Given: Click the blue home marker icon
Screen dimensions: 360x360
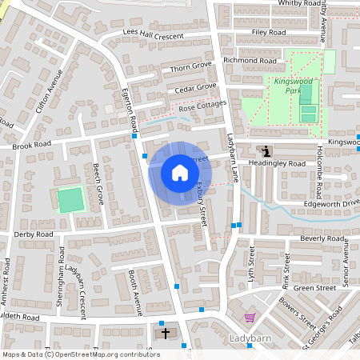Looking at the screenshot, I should tap(179, 173).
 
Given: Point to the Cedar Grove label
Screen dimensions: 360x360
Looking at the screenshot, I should tap(196, 86).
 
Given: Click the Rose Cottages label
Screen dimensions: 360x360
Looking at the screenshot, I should tap(202, 105).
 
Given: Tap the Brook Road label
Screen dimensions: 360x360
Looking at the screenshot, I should tap(31, 146).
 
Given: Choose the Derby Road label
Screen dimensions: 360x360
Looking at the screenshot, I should tap(33, 234).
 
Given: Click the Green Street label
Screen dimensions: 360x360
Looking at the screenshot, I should tap(314, 288).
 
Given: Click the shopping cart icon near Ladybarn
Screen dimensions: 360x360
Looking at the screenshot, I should tap(249, 317).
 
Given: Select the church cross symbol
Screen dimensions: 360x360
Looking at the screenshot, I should tap(166, 332).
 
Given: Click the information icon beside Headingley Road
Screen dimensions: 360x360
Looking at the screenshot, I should tap(266, 150).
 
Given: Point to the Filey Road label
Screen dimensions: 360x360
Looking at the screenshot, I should tap(268, 32).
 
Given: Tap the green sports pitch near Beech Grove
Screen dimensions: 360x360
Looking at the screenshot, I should tap(70, 199).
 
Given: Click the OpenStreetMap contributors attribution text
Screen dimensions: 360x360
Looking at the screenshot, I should tap(80, 354).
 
